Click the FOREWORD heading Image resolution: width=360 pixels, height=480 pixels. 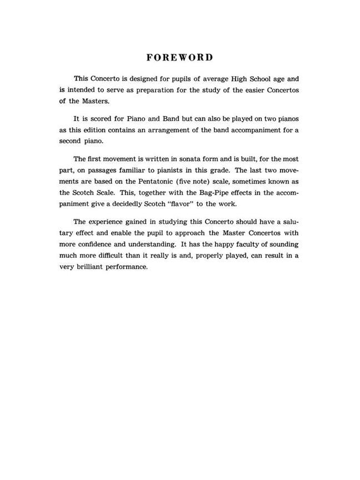point(179,57)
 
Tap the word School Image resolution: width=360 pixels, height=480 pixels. point(255,79)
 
